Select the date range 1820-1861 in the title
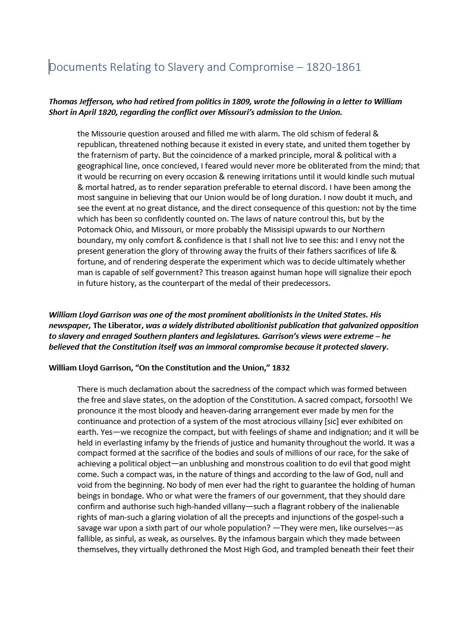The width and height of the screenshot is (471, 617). [334, 67]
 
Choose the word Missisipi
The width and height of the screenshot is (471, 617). [266, 230]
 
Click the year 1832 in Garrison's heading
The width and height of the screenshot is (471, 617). [280, 368]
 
